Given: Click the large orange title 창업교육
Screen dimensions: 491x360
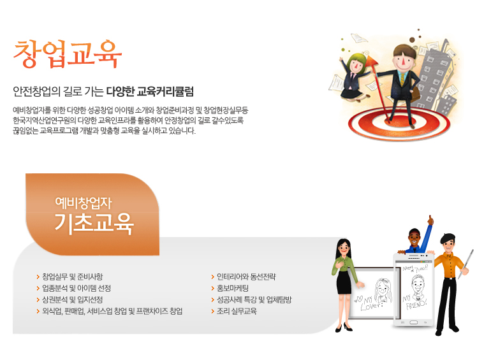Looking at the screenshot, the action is tap(68, 54).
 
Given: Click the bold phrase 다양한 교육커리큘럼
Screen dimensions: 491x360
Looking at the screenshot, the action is tap(150, 91).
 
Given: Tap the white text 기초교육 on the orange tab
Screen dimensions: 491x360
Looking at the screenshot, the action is tap(94, 223).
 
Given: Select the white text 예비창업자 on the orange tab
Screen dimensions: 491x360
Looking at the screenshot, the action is tap(84, 203).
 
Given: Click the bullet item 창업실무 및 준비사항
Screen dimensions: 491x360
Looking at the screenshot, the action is tap(72, 277).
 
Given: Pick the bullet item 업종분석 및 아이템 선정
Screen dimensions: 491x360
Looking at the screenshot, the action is tap(77, 288).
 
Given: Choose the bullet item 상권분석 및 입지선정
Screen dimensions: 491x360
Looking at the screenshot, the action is tap(72, 299).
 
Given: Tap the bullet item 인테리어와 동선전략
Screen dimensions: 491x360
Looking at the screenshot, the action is tap(246, 277).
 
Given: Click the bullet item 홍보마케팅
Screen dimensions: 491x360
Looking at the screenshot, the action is tap(233, 288).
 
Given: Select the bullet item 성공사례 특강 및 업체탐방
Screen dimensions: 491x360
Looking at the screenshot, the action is tap(254, 299).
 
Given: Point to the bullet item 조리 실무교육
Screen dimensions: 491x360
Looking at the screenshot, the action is tap(237, 311).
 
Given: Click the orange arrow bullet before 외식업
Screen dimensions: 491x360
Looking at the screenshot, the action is tap(38, 311).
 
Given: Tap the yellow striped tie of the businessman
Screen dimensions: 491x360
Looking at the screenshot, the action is tap(402, 78).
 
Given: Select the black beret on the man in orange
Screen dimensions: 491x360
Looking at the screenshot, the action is tap(448, 238).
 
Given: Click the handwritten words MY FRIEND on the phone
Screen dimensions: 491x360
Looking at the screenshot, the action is tap(415, 301).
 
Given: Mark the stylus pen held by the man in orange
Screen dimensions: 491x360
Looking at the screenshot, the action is tap(465, 264).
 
